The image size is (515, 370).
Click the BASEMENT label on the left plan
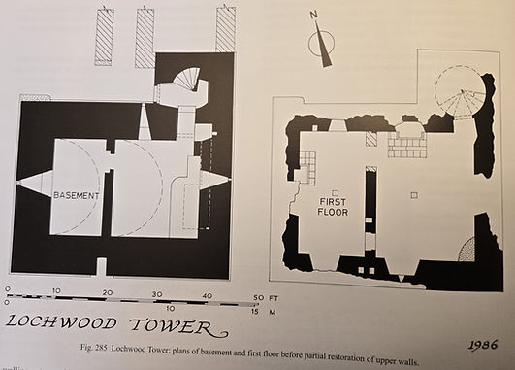coord(77,196)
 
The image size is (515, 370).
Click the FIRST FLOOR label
coord(333,207)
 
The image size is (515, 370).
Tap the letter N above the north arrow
coord(314,16)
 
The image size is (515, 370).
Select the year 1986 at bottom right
coord(483,345)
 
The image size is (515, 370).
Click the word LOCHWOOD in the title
coord(61,322)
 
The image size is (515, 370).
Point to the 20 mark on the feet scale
coord(108,292)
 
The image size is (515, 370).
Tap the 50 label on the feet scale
coord(259,298)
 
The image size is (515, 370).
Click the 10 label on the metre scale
coord(170,309)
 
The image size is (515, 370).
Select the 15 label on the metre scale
coord(255,311)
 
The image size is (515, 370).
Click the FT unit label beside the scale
coord(274,298)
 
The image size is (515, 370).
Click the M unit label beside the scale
coord(272,311)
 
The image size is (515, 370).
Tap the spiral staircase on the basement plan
coord(187,80)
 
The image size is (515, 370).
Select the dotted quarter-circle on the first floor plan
coord(467,249)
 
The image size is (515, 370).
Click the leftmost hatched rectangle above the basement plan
coord(105,36)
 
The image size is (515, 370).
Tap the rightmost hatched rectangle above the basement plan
coord(226,29)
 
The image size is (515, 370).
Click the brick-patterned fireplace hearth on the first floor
coord(407,145)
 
